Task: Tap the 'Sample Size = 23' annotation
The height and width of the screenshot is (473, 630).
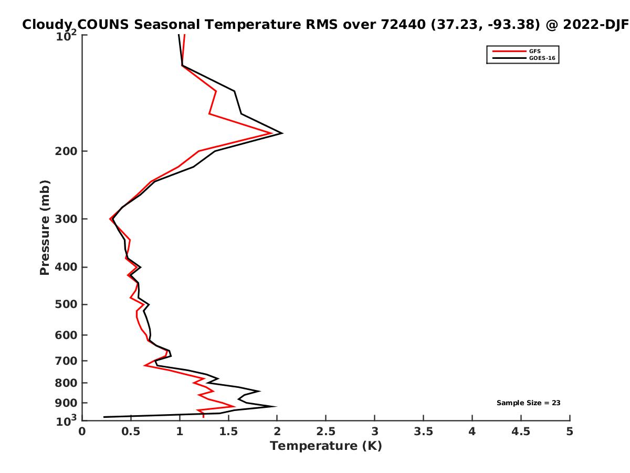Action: [528, 403]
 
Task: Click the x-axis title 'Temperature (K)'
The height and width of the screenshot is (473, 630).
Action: [325, 446]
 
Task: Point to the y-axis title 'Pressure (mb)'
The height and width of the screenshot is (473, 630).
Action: [45, 228]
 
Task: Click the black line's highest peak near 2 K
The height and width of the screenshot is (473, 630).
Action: [282, 133]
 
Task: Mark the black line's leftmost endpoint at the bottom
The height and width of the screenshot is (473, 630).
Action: [104, 417]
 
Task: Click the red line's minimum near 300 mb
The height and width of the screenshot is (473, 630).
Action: [110, 219]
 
